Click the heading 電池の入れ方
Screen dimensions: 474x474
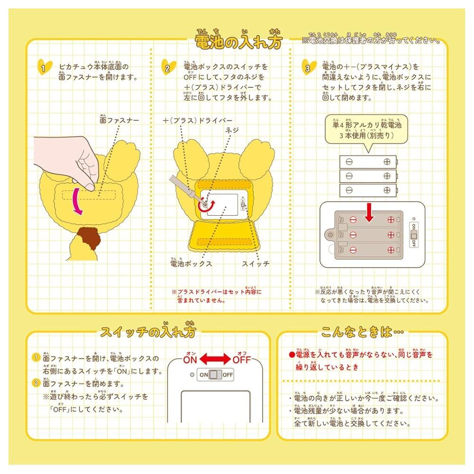(x=238, y=42)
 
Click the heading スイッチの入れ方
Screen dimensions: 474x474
(x=148, y=331)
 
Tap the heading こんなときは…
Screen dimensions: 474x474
(x=363, y=332)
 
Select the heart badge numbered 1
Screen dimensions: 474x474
(x=44, y=68)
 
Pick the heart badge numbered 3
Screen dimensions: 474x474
(x=308, y=68)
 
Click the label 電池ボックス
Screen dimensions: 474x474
(x=191, y=263)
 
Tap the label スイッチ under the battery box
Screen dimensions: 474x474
(x=255, y=263)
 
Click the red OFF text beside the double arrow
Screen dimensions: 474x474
(x=241, y=359)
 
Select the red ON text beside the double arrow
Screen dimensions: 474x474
(x=190, y=359)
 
